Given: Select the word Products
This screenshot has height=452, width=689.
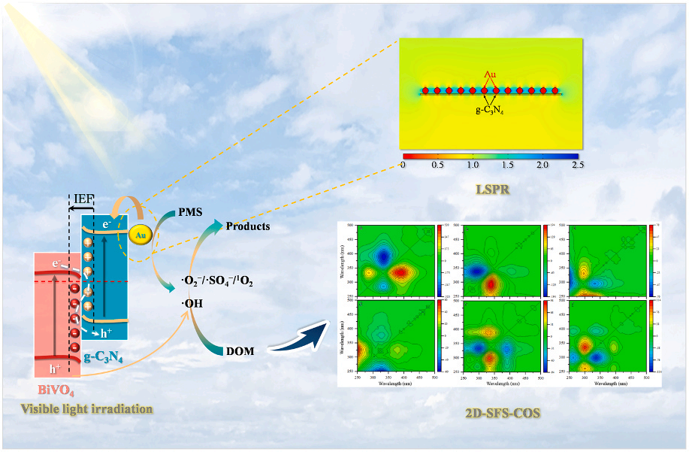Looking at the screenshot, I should coord(247,226).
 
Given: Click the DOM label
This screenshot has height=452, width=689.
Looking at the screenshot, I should coord(239,351).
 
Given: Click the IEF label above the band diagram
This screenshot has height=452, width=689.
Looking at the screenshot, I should coord(83,200).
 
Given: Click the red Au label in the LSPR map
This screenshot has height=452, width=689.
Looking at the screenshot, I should coord(490,75).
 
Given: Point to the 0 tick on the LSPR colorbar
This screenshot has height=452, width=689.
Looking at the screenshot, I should coord(403,164).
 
